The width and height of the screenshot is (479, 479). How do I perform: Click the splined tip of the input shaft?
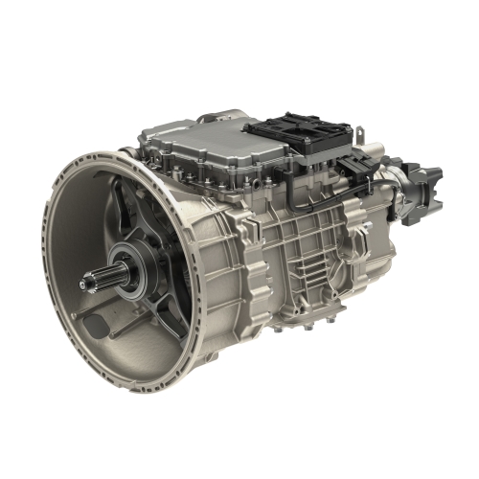point(87,280)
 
